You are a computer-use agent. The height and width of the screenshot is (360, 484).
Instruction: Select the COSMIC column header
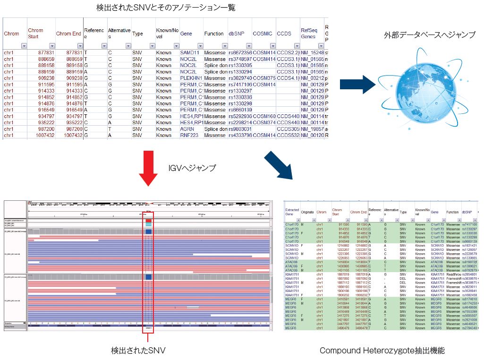pyautogui.click(x=263, y=34)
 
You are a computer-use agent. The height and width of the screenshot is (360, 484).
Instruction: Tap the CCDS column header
pyautogui.click(x=284, y=34)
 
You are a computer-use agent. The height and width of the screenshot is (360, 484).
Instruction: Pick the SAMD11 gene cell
pyautogui.click(x=190, y=52)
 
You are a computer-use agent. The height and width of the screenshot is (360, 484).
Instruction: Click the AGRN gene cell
pyautogui.click(x=187, y=129)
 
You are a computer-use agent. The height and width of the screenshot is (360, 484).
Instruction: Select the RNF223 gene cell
pyautogui.click(x=189, y=136)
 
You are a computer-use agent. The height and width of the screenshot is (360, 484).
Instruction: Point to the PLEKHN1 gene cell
pyautogui.click(x=191, y=78)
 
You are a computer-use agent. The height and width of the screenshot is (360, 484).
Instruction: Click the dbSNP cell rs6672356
pyautogui.click(x=239, y=52)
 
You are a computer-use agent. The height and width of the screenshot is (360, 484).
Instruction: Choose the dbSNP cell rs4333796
pyautogui.click(x=239, y=136)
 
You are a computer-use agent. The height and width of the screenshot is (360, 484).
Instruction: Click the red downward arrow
pyautogui.click(x=149, y=168)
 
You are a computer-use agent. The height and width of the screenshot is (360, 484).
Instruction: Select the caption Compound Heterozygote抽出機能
pyautogui.click(x=382, y=350)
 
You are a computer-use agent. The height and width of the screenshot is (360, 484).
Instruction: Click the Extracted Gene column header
pyautogui.click(x=292, y=212)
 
